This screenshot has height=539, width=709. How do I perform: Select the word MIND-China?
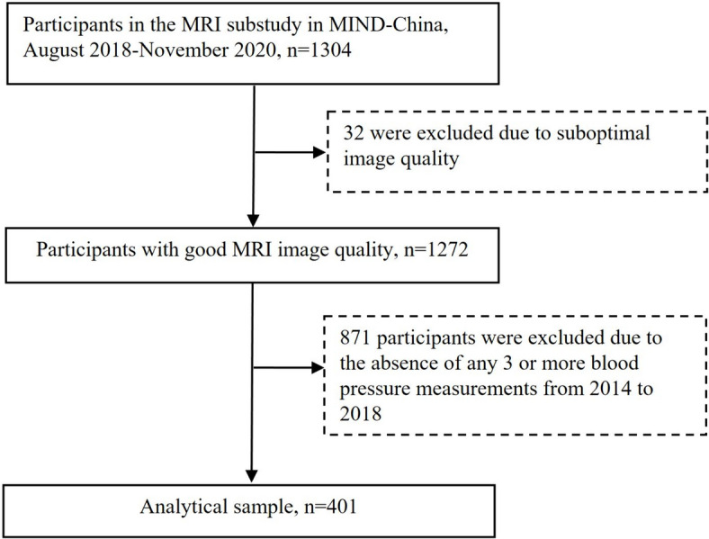tap(389, 24)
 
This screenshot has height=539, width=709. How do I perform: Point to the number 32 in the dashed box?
tap(354, 133)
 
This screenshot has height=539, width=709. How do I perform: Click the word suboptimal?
tap(604, 134)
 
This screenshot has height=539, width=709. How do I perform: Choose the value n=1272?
tap(435, 249)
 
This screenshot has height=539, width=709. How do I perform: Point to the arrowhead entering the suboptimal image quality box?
tap(319, 152)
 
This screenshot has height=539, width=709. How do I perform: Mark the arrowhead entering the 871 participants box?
tap(318, 368)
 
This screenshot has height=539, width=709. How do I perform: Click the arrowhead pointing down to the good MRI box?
tap(253, 220)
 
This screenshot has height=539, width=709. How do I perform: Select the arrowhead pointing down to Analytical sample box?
tap(251, 476)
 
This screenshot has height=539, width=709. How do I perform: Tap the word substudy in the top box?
tap(264, 24)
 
